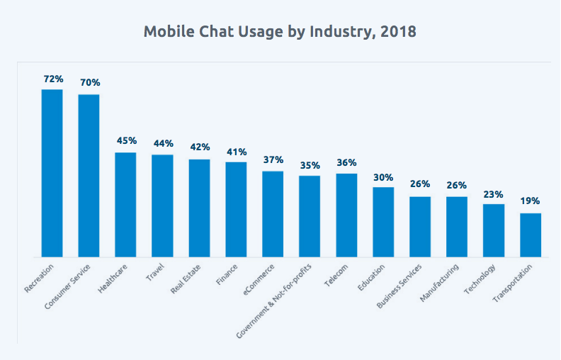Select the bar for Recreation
[52, 173]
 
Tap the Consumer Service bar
[89, 175]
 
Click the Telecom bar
[346, 215]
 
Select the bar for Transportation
[531, 235]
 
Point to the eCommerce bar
[273, 213]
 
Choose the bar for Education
[383, 221]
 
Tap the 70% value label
[89, 81]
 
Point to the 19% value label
[531, 201]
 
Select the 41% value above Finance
[236, 152]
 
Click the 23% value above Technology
[494, 193]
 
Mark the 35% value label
[310, 164]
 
